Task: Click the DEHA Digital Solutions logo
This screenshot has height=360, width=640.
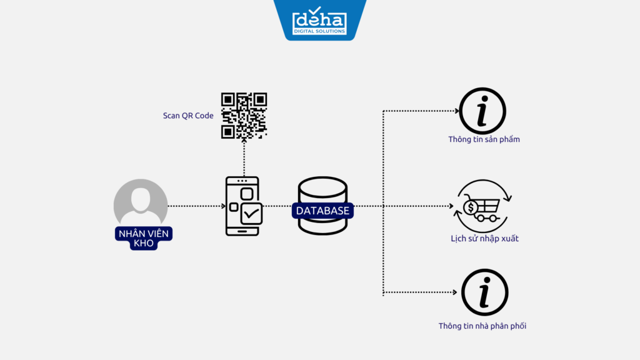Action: pyautogui.click(x=319, y=20)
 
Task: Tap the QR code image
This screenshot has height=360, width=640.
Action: pyautogui.click(x=244, y=116)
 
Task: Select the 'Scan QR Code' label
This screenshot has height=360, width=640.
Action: pyautogui.click(x=188, y=116)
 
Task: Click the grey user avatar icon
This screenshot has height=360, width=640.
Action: pyautogui.click(x=141, y=204)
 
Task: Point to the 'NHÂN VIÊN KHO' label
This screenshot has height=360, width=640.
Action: pyautogui.click(x=144, y=238)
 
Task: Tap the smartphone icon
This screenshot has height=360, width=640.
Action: pyautogui.click(x=243, y=206)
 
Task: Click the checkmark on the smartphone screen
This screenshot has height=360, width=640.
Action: pyautogui.click(x=252, y=214)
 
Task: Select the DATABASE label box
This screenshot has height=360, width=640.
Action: pyautogui.click(x=322, y=211)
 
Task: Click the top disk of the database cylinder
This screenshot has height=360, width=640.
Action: pyautogui.click(x=322, y=186)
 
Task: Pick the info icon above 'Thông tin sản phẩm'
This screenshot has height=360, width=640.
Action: pyautogui.click(x=482, y=111)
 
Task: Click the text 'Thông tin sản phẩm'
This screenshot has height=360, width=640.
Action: pyautogui.click(x=484, y=139)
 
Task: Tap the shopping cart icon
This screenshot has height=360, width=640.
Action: pyautogui.click(x=482, y=207)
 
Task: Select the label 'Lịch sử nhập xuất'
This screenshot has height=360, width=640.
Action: pyautogui.click(x=484, y=238)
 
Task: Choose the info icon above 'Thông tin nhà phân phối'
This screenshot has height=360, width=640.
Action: pyautogui.click(x=484, y=292)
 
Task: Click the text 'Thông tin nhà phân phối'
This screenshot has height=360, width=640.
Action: pyautogui.click(x=482, y=326)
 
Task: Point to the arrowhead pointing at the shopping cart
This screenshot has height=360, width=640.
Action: pyautogui.click(x=451, y=206)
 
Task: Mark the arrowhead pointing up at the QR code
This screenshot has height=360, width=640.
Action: pyautogui.click(x=244, y=143)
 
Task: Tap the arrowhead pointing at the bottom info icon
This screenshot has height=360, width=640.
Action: pyautogui.click(x=454, y=292)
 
